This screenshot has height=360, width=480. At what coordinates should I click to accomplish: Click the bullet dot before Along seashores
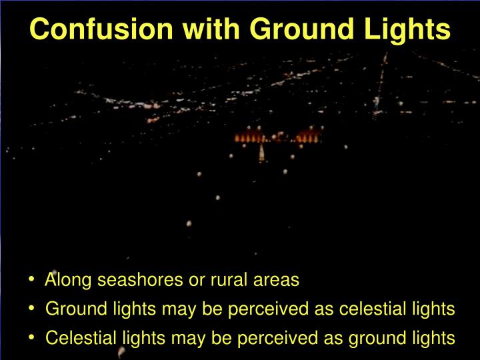pos(32,280)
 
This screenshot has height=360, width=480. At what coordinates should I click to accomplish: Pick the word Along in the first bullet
pos(69,280)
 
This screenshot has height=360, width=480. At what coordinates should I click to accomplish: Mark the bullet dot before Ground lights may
pos(32,309)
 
